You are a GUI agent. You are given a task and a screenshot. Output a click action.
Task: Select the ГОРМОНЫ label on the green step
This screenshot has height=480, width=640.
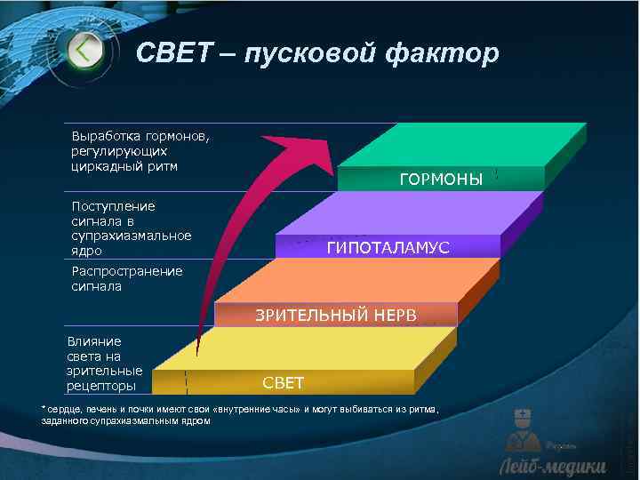pos(441,180)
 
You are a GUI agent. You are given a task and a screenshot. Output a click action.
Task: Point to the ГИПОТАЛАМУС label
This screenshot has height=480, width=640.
pos(388,248)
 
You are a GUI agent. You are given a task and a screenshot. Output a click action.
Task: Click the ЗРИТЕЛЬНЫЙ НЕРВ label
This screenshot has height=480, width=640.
pos(336,315)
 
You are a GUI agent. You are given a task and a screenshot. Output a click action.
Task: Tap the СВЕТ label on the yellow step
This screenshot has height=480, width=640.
pos(283,383)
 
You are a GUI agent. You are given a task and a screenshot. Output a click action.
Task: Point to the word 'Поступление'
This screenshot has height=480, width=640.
pos(113,206)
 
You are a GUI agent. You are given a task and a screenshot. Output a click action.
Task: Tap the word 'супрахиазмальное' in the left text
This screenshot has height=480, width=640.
pos(131,236)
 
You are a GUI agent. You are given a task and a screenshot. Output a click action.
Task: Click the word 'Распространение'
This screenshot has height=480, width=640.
pos(126,271)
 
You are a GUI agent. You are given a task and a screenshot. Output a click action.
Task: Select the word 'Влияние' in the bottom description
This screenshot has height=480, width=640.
pos(94,340)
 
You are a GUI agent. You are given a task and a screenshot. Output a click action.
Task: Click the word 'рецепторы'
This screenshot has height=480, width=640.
pos(101,386)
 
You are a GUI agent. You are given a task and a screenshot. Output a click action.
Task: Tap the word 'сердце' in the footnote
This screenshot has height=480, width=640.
pos(65,408)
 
